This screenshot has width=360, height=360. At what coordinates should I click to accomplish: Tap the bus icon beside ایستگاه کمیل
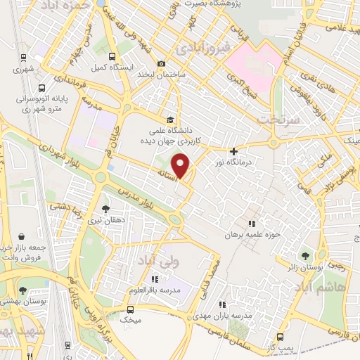(x=112, y=56)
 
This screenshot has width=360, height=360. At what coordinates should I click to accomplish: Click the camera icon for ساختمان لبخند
(x=162, y=63)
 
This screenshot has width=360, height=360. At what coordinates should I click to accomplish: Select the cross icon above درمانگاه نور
(x=234, y=150)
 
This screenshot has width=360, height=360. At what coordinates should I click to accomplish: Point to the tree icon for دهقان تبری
(x=105, y=209)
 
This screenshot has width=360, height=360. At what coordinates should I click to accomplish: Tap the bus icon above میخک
(x=130, y=309)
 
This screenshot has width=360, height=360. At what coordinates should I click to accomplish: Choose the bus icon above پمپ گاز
(x=281, y=337)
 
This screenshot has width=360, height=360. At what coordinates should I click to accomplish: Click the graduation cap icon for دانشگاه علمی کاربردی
(x=169, y=119)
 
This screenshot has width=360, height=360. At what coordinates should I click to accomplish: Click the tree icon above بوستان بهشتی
(x=22, y=290)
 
